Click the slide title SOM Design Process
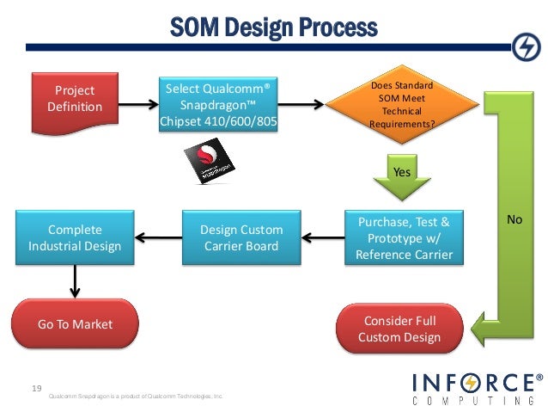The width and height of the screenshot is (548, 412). tap(272, 28)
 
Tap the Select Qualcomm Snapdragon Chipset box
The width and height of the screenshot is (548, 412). tap(220, 104)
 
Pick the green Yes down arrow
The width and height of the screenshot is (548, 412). tap(401, 177)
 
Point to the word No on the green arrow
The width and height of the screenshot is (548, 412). tap(515, 220)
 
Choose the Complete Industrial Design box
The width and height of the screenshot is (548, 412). tap(75, 238)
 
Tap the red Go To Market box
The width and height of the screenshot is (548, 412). tap(75, 324)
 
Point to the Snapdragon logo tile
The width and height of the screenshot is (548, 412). tap(208, 163)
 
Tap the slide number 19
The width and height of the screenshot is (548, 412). tap(36, 388)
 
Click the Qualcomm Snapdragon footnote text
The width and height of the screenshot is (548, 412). tap(136, 396)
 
